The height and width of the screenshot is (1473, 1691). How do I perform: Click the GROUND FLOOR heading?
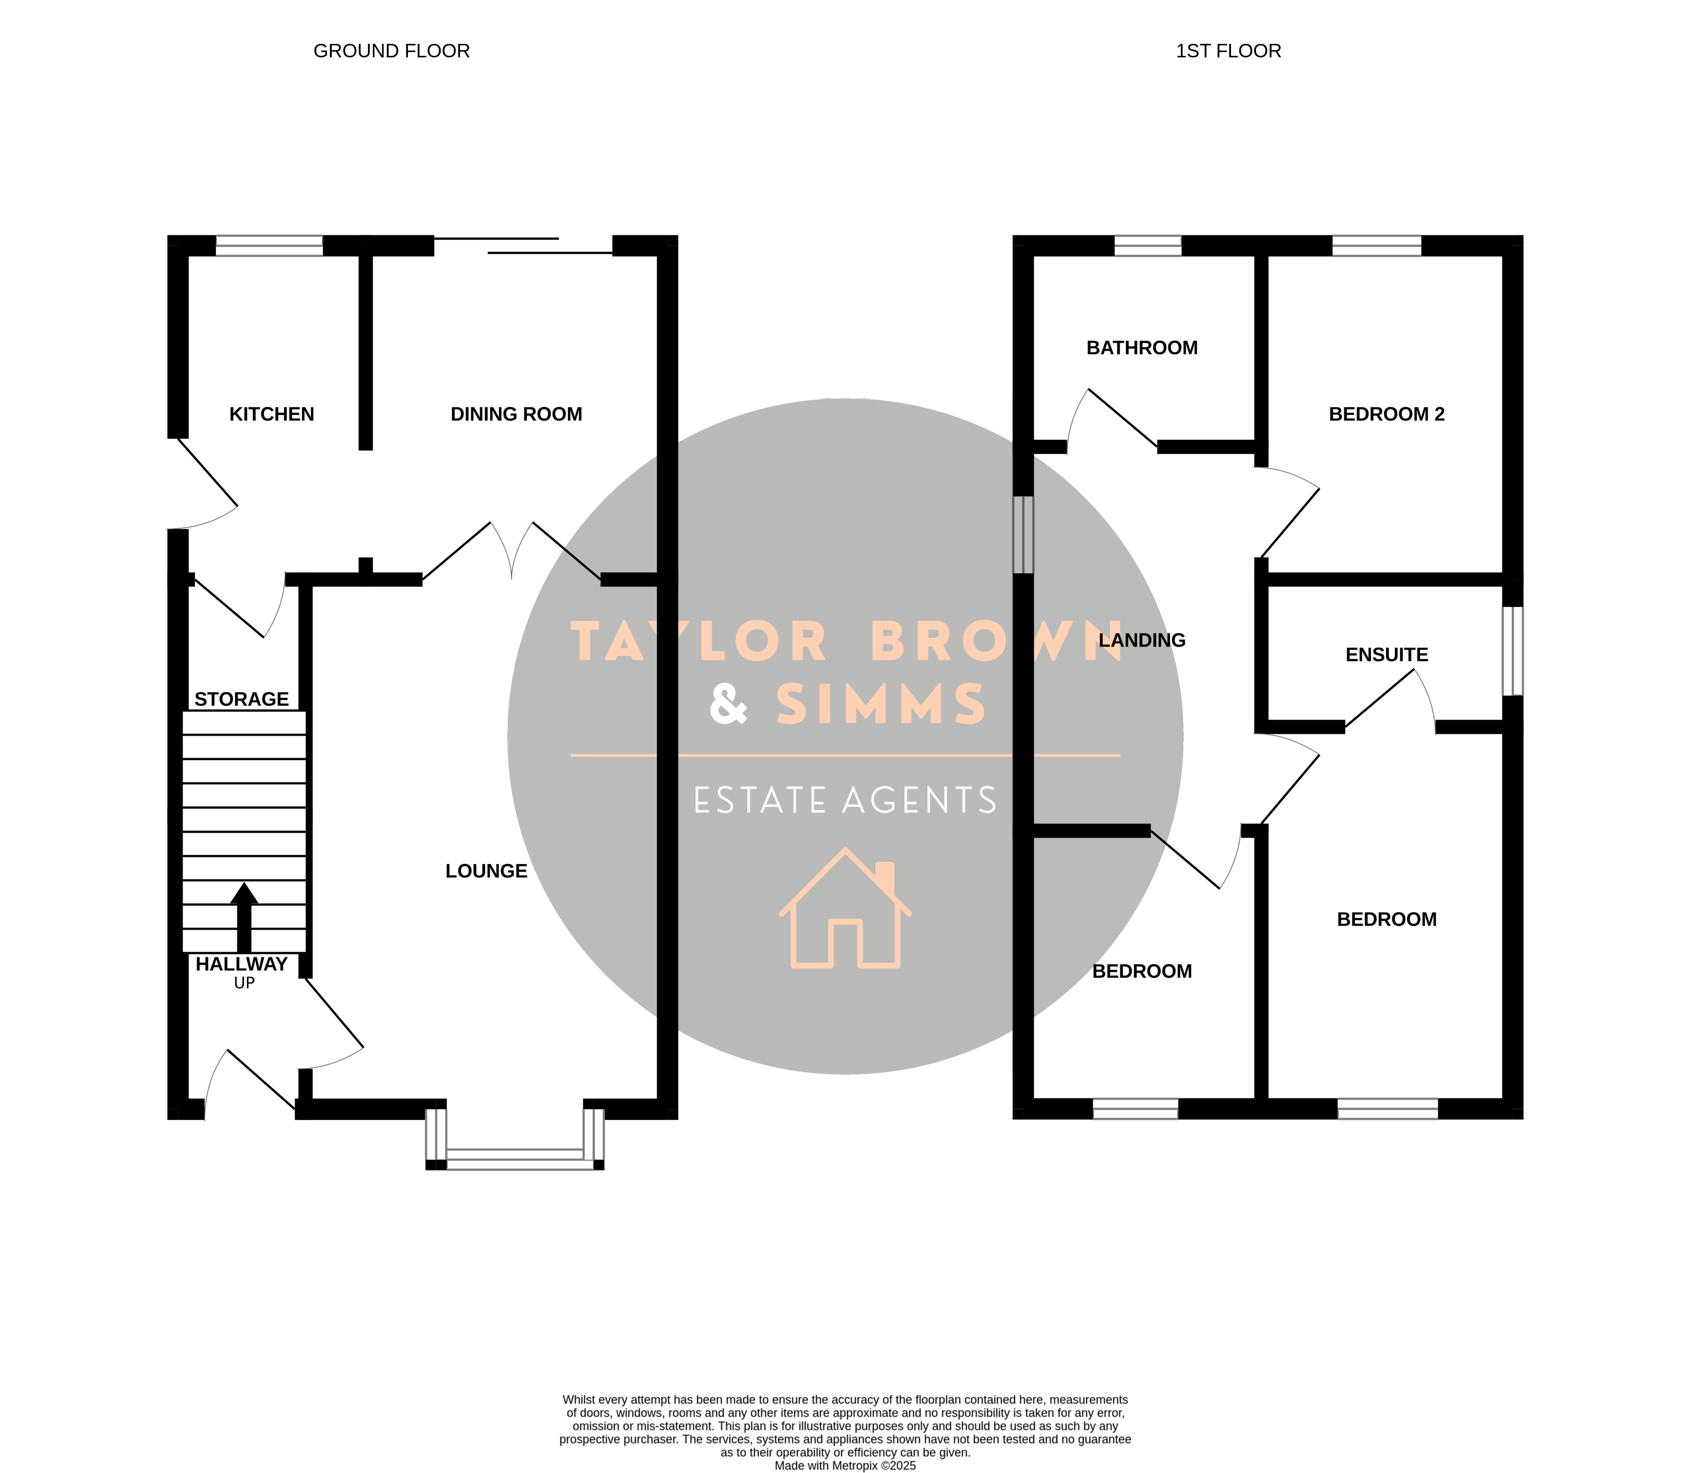point(392,51)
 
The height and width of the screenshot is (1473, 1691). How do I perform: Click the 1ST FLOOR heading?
point(1228,51)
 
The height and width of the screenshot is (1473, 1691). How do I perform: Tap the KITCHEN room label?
point(271,414)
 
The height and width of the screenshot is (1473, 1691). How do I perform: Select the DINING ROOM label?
point(516,414)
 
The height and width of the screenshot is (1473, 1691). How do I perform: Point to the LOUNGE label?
point(487,871)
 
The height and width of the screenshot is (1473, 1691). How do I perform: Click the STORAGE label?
point(242,700)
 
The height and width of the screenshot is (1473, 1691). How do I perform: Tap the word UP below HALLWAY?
point(244,983)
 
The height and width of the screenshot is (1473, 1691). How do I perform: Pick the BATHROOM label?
point(1142,348)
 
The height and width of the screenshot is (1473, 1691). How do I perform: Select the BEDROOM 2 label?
point(1387,414)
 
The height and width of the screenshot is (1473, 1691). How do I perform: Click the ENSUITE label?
point(1387,655)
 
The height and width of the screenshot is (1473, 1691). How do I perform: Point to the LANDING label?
point(1142,640)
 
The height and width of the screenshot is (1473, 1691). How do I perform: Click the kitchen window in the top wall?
point(270,246)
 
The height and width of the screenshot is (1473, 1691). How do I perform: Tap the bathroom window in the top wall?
point(1148,246)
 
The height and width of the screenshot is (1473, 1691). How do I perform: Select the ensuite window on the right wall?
point(1513,651)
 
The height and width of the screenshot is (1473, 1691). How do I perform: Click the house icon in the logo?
point(845,908)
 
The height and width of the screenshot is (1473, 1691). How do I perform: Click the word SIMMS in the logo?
point(880,704)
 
